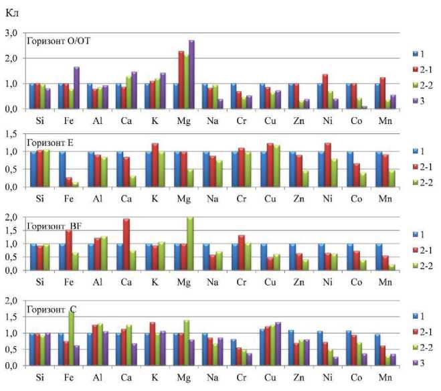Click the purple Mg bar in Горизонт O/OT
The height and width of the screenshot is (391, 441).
191,74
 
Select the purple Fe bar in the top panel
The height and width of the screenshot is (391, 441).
76,88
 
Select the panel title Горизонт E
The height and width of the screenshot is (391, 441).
51,142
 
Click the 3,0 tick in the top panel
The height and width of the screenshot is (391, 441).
11,33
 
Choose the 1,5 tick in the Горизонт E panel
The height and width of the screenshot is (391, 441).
11,135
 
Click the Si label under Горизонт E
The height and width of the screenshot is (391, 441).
39,198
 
